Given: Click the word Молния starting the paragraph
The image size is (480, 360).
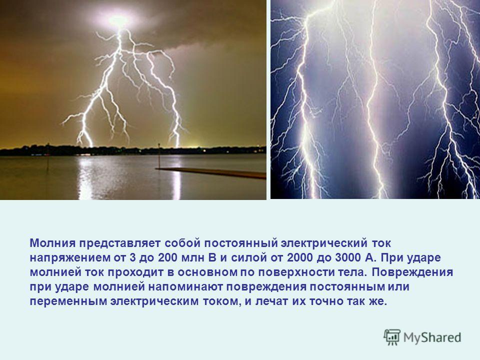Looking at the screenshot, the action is click(52, 243).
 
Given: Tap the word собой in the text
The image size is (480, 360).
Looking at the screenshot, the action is click(182, 243).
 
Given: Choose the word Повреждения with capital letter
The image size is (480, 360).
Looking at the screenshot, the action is click(412, 272).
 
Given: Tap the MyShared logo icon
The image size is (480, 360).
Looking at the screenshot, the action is click(392, 337).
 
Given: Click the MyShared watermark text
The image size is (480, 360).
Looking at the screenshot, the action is click(432, 337).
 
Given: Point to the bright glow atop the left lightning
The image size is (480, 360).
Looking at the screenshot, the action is click(118, 20).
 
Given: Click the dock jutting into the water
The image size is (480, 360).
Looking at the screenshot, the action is click(211, 173).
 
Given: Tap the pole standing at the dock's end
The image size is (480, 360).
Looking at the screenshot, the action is click(159, 155).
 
